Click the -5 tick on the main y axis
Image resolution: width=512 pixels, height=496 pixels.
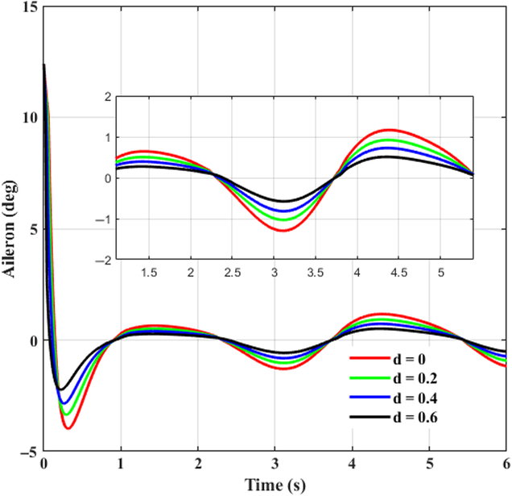click(27, 452)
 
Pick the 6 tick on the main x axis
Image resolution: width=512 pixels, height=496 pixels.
click(506, 465)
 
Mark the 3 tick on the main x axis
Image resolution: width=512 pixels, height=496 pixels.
click(275, 465)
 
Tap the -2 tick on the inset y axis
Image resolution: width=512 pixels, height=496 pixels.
click(103, 261)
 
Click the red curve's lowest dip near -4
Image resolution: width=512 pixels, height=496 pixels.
click(68, 428)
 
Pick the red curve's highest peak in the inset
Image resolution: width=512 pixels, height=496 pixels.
click(391, 129)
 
